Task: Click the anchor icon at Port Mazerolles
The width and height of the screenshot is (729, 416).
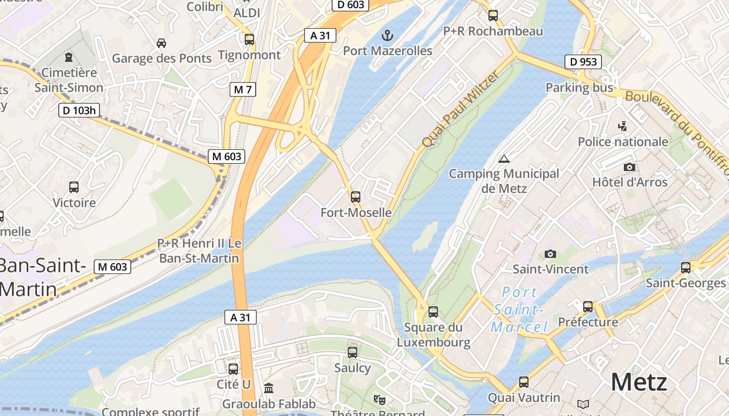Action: [x=386, y=35]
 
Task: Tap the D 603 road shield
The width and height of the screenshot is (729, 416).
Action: [x=350, y=5]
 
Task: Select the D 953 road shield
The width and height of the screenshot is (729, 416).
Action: [x=583, y=62]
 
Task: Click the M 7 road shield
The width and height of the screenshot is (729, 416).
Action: [x=243, y=89]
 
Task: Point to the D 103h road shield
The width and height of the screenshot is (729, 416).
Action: [x=79, y=110]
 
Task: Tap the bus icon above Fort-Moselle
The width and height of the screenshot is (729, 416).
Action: [x=356, y=197]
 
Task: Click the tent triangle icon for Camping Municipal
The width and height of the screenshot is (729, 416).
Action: [x=503, y=159]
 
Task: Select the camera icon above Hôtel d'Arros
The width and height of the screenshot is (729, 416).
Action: [x=630, y=167]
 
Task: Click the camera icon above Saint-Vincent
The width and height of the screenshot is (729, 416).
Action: [x=550, y=254]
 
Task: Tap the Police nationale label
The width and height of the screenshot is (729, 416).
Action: [x=623, y=141]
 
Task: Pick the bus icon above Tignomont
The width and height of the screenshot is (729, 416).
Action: [x=249, y=39]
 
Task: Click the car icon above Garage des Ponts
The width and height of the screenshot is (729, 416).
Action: [x=161, y=43]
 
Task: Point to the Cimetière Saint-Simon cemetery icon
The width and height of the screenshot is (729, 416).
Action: [x=68, y=57]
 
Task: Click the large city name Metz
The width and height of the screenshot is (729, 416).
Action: [x=639, y=382]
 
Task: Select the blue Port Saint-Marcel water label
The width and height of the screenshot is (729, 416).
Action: [x=519, y=309]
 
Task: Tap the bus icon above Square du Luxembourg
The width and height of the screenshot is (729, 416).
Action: [x=433, y=312]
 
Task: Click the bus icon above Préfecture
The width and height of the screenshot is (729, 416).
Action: [x=588, y=307]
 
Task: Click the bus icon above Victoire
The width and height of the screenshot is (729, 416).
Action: [x=74, y=187]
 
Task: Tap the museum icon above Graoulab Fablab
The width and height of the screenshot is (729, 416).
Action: [x=269, y=388]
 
